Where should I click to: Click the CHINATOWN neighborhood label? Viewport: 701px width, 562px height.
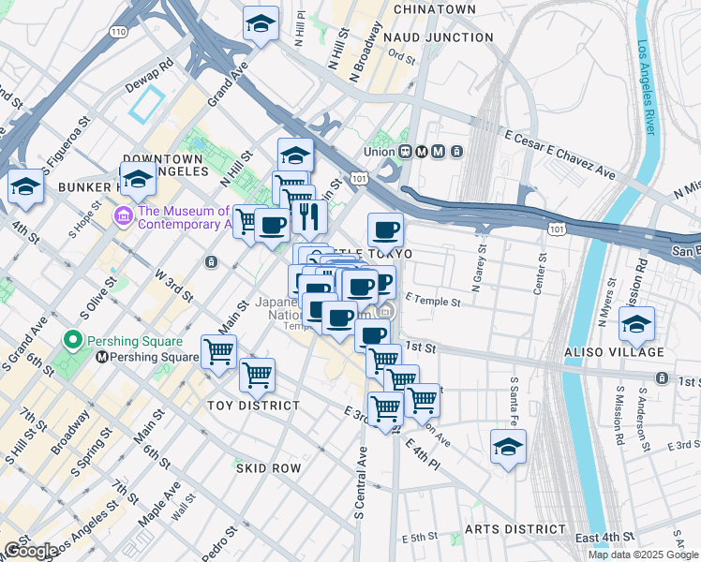[x=435, y=8]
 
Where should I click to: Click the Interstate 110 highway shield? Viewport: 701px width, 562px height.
[x=117, y=32]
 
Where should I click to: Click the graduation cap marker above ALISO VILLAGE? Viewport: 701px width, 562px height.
[x=636, y=326]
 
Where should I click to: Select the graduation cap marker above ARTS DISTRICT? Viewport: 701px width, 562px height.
[x=508, y=447]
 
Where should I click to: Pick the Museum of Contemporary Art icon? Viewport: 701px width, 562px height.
[x=122, y=217]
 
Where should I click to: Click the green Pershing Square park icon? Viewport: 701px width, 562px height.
[x=71, y=339]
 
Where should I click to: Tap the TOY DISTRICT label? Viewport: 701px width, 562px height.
[x=253, y=406]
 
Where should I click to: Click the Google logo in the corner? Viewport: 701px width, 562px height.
[x=30, y=551]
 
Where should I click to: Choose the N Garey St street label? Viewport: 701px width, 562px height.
[x=485, y=266]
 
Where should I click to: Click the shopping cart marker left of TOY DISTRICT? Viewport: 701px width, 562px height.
[x=218, y=354]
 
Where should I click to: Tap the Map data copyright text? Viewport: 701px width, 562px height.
[x=644, y=555]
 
